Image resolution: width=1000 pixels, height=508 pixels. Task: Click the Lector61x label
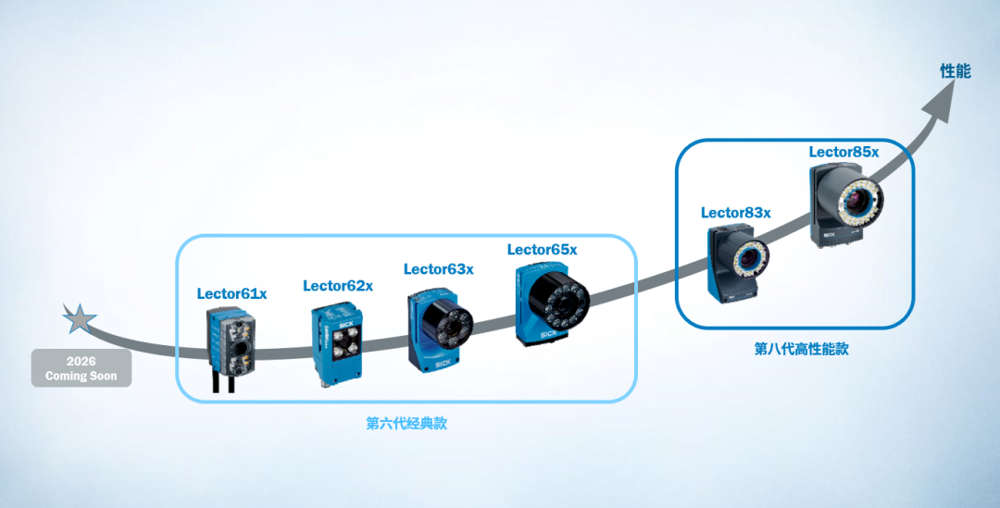[x=231, y=294]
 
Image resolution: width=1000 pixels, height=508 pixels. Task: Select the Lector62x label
[x=338, y=286]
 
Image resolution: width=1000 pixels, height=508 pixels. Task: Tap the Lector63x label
[x=438, y=269]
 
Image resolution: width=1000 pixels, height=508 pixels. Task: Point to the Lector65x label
[x=542, y=250]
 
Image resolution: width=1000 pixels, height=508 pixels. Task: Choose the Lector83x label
[x=735, y=213]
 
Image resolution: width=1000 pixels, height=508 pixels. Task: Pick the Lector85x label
[x=844, y=152]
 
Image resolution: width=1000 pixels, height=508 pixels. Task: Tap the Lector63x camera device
[x=439, y=328]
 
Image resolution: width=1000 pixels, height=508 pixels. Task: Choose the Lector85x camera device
[x=845, y=204]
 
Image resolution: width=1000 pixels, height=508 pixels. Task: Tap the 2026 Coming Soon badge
[x=81, y=367]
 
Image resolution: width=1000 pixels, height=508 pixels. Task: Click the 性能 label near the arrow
[x=955, y=71]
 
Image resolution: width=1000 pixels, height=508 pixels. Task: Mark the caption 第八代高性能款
[x=801, y=349]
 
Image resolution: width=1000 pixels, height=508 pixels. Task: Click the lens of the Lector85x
[x=862, y=198]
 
